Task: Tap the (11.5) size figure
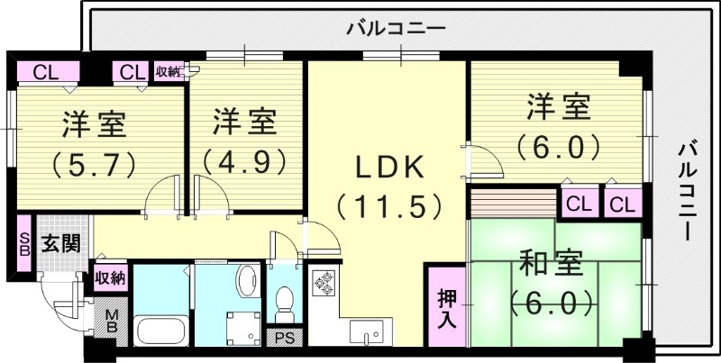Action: (388, 205)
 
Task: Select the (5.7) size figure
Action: (94, 163)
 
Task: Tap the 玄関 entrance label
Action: (62, 242)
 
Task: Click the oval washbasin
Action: (245, 281)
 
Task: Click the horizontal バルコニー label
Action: (397, 28)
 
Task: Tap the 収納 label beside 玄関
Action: (109, 277)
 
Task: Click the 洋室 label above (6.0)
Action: (559, 106)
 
